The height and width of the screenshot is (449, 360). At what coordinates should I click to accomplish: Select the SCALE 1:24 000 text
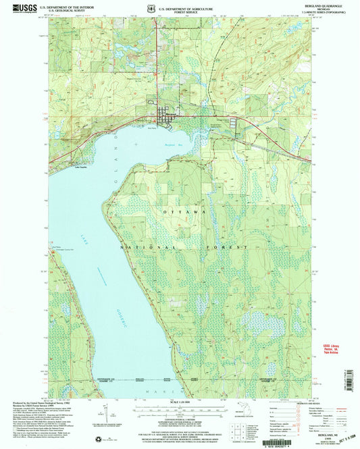coord(180,403)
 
